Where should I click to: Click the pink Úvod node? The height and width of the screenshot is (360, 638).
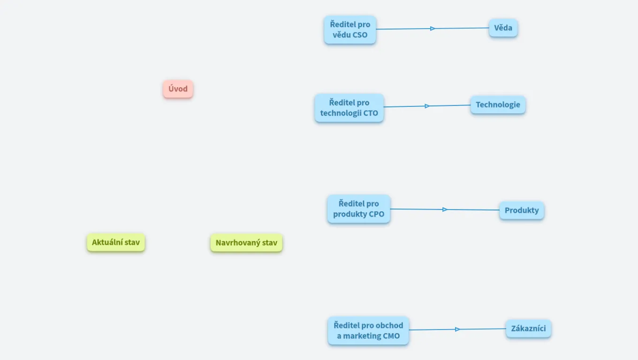click(x=178, y=89)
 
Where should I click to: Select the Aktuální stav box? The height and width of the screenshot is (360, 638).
click(x=116, y=243)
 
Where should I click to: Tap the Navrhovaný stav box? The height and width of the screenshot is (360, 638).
click(x=246, y=243)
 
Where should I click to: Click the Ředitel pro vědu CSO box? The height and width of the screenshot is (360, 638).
click(x=350, y=30)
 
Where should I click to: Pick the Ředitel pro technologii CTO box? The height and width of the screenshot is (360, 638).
click(x=349, y=108)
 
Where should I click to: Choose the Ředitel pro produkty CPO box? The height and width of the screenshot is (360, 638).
click(x=359, y=209)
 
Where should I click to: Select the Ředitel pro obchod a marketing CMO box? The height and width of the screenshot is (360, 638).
click(x=368, y=330)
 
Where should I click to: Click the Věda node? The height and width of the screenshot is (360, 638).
click(x=503, y=28)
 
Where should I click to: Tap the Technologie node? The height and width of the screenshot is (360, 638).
click(x=498, y=105)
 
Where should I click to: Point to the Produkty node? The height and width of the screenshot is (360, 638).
click(x=522, y=210)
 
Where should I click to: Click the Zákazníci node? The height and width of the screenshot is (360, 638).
click(x=528, y=329)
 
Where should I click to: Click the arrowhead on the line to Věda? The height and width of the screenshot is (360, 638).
click(x=433, y=29)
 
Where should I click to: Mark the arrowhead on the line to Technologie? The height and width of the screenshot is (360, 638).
click(x=427, y=106)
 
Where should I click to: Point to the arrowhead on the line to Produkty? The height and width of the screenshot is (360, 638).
click(x=445, y=210)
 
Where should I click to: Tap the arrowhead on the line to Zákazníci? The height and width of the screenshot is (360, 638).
click(x=457, y=330)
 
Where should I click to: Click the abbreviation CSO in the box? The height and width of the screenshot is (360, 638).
click(x=360, y=35)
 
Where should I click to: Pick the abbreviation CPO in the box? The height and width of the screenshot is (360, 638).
click(x=377, y=214)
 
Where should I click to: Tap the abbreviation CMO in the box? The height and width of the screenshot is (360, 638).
click(x=391, y=336)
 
